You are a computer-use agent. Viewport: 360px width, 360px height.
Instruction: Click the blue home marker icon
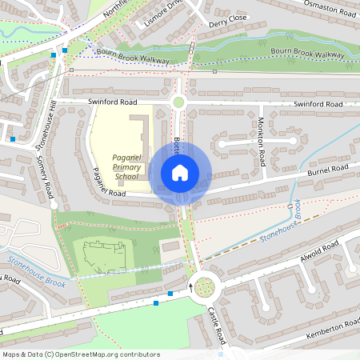pyautogui.click(x=180, y=172)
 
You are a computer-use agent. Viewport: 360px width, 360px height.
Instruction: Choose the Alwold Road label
pyautogui.click(x=320, y=248)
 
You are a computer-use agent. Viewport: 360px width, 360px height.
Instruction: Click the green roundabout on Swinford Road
pyautogui.click(x=178, y=102)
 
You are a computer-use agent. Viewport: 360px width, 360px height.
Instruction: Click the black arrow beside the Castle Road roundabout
pyautogui.click(x=191, y=282)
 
